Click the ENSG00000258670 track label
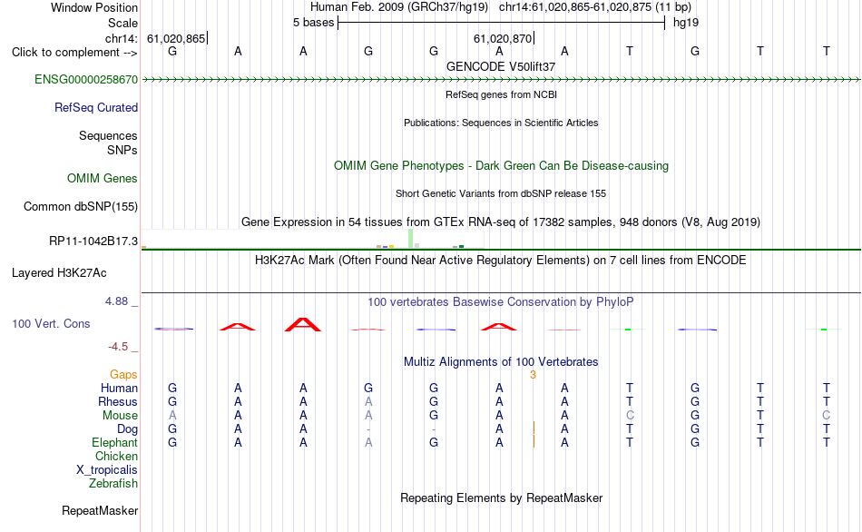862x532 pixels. [86, 79]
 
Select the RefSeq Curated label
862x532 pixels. [95, 107]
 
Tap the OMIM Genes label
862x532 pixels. [102, 178]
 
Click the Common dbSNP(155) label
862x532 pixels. [80, 206]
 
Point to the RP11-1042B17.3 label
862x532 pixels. [93, 241]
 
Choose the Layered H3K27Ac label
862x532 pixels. [59, 273]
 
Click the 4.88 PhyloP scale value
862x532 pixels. [116, 301]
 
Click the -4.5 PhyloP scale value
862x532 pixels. [118, 347]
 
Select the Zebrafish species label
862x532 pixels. [113, 484]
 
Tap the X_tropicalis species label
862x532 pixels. [107, 470]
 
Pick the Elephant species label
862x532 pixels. [114, 443]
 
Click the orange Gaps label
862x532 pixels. [123, 375]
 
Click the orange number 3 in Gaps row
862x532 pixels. [533, 375]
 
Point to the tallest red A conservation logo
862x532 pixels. [302, 325]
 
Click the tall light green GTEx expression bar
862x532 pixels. [411, 239]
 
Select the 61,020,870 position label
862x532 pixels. [503, 38]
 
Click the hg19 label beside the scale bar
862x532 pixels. [686, 23]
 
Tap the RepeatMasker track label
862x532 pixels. [100, 511]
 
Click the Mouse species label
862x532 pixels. [120, 416]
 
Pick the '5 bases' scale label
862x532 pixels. [313, 23]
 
